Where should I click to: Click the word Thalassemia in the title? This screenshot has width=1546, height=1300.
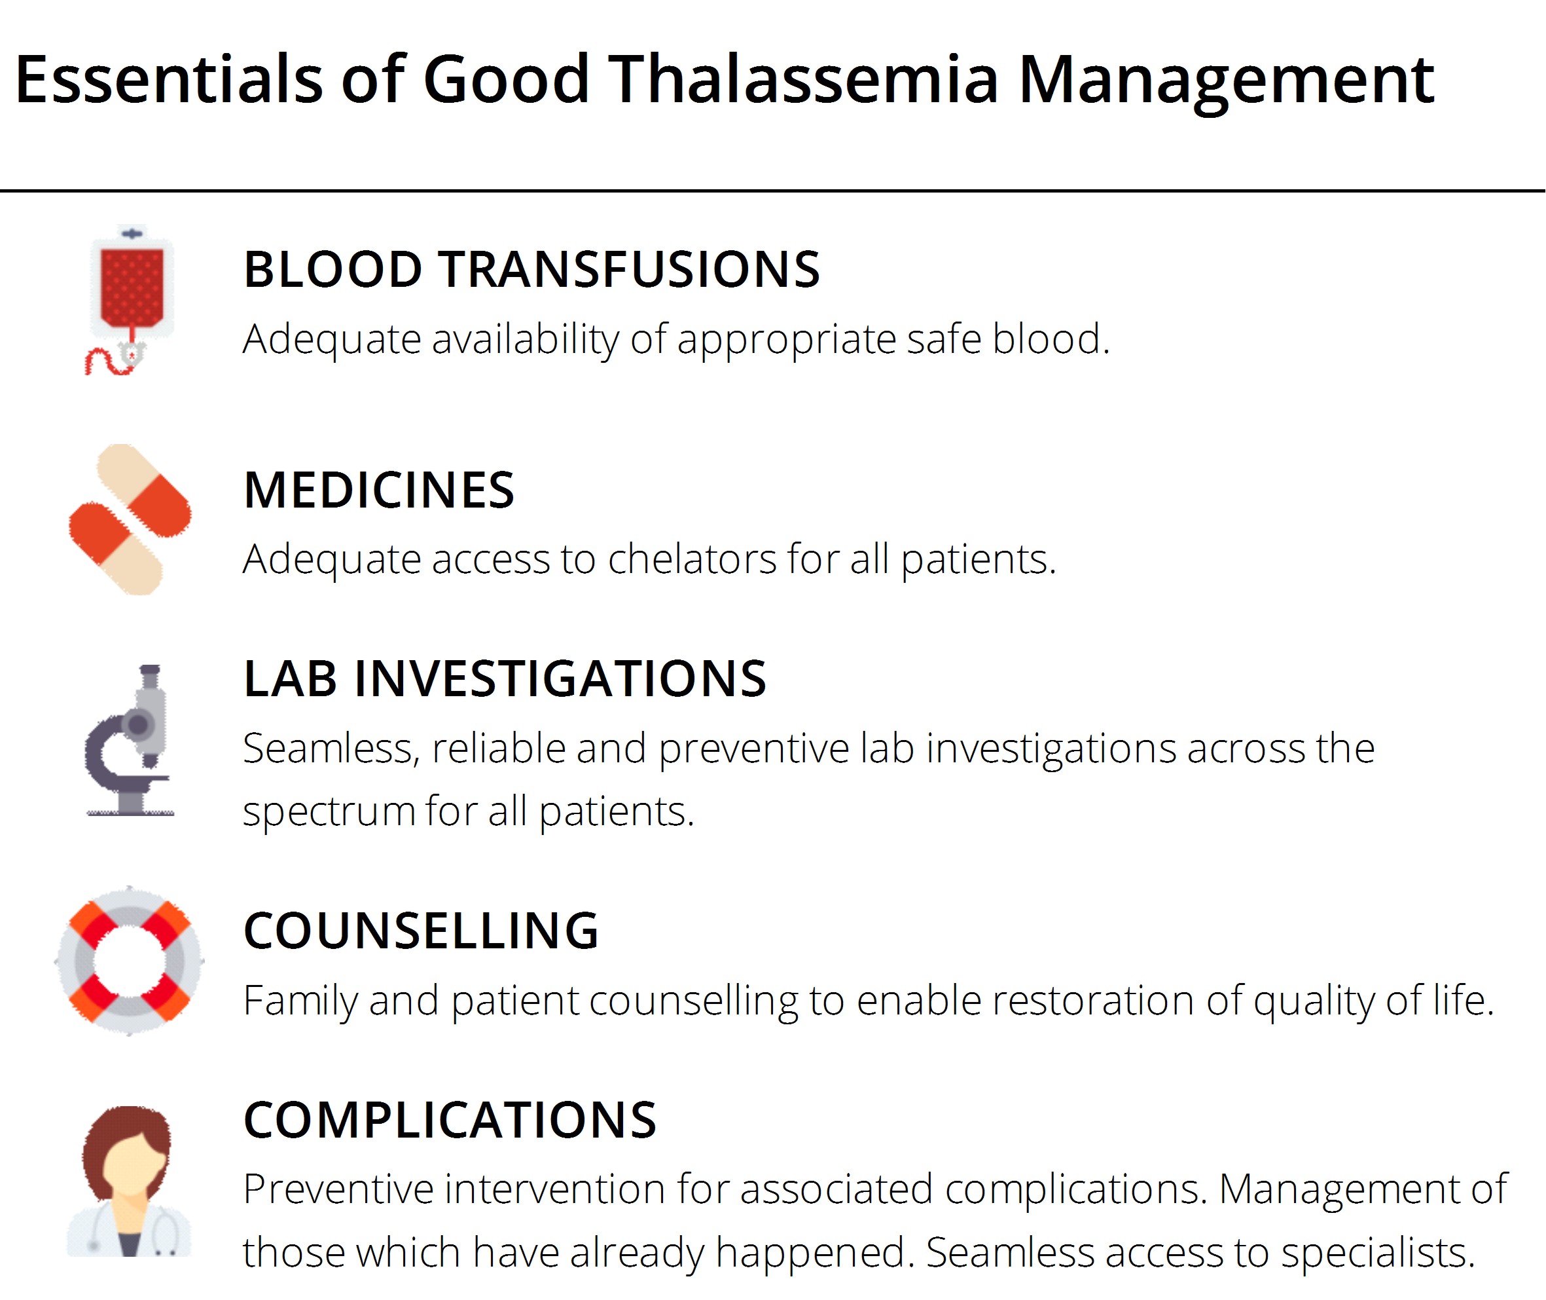point(803,80)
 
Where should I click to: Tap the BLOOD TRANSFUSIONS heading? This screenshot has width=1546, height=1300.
point(531,270)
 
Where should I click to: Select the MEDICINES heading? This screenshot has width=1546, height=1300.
point(378,491)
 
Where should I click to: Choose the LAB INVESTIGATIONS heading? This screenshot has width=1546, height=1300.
point(505,678)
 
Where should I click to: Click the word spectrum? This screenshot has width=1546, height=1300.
point(329,812)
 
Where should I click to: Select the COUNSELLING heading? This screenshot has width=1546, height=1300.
point(421,931)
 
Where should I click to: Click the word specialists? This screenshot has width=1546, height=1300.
point(1378,1253)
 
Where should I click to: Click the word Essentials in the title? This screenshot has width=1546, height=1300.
point(169,80)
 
